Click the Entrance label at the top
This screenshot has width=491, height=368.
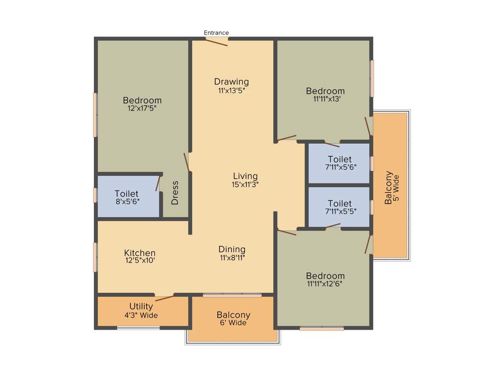pyautogui.click(x=216, y=33)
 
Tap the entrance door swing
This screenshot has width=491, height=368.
pyautogui.click(x=217, y=42)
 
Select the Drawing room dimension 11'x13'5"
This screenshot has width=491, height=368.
pyautogui.click(x=232, y=90)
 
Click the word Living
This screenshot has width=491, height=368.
pyautogui.click(x=245, y=176)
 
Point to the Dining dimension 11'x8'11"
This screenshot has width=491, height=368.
pyautogui.click(x=232, y=257)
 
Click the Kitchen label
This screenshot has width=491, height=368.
pyautogui.click(x=140, y=253)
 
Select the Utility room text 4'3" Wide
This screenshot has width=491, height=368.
pyautogui.click(x=141, y=315)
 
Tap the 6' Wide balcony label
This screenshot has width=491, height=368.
pyautogui.click(x=233, y=323)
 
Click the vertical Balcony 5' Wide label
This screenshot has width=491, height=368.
pyautogui.click(x=391, y=188)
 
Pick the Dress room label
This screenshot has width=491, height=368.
pyautogui.click(x=175, y=193)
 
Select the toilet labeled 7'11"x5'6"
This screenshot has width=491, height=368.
pyautogui.click(x=339, y=163)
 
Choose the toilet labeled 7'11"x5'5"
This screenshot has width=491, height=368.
pyautogui.click(x=339, y=207)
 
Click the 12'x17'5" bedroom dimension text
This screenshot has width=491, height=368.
pyautogui.click(x=142, y=108)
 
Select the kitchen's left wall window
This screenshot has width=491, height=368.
pyautogui.click(x=95, y=257)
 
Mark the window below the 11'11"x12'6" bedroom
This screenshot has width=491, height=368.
pyautogui.click(x=322, y=329)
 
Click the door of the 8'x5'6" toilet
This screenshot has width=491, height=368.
pyautogui.click(x=158, y=184)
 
